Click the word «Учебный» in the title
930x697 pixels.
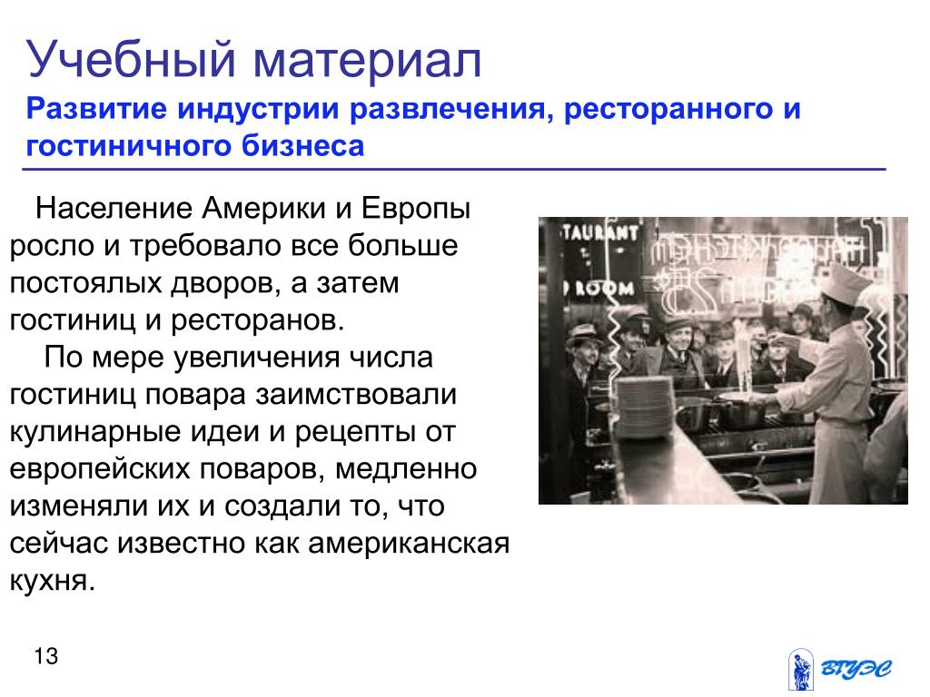pos(131,59)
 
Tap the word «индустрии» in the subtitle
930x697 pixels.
pos(257,110)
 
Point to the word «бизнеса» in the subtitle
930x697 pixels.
pos(302,145)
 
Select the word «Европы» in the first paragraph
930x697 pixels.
pos(416,210)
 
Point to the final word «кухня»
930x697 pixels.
pos(52,581)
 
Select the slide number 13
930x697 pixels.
pos(45,656)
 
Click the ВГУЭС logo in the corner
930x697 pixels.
pos(840,669)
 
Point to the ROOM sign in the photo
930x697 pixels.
pos(600,289)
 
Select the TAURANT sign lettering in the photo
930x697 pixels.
pos(599,231)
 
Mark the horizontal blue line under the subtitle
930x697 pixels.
pos(454,170)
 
